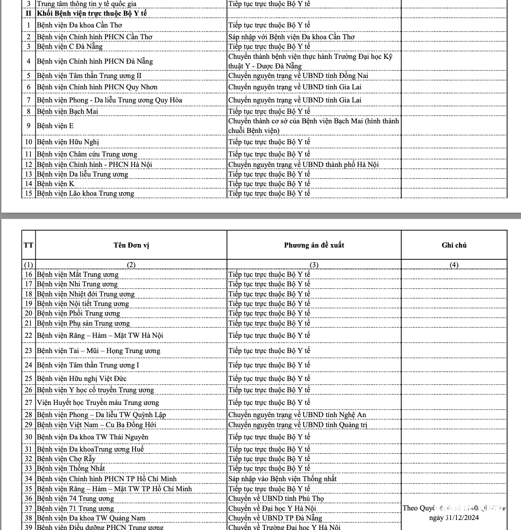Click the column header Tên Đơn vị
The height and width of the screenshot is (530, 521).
(x=131, y=245)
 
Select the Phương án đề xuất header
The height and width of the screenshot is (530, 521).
(x=314, y=245)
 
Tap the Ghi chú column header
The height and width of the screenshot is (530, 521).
(x=454, y=245)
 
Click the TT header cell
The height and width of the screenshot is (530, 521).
(x=28, y=245)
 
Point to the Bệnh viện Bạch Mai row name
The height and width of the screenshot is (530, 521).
(x=68, y=112)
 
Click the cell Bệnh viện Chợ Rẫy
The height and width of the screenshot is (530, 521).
(x=66, y=459)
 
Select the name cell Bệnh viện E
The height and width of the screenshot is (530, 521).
(x=55, y=126)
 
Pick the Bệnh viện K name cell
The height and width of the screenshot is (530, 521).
(x=56, y=184)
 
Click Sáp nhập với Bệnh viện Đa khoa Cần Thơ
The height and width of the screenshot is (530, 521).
(x=291, y=37)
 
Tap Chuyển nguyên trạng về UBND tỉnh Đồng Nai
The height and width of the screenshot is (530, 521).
(x=298, y=76)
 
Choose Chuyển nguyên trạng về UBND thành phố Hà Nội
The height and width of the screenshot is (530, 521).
(x=303, y=165)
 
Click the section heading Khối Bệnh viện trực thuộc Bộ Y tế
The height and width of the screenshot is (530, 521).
(x=92, y=14)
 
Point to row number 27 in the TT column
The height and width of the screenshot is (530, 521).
(x=29, y=403)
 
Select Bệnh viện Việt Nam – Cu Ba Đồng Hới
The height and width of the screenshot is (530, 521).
(x=96, y=425)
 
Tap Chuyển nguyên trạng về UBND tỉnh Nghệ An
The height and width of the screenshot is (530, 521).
(x=297, y=415)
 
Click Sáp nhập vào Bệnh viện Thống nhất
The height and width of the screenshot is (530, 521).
(x=282, y=479)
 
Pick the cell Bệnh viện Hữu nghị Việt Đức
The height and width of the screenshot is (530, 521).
(x=83, y=379)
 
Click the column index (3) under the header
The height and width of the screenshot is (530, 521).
(x=314, y=265)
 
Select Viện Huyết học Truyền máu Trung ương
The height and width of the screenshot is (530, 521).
(x=98, y=403)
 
